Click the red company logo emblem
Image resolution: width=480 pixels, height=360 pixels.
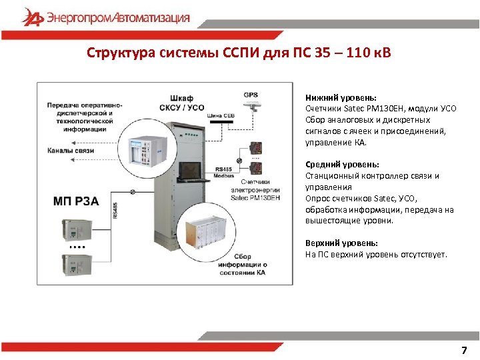click(x=31, y=17)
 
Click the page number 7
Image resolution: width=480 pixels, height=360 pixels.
click(x=464, y=351)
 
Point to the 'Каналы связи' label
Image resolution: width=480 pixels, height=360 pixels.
click(x=70, y=151)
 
